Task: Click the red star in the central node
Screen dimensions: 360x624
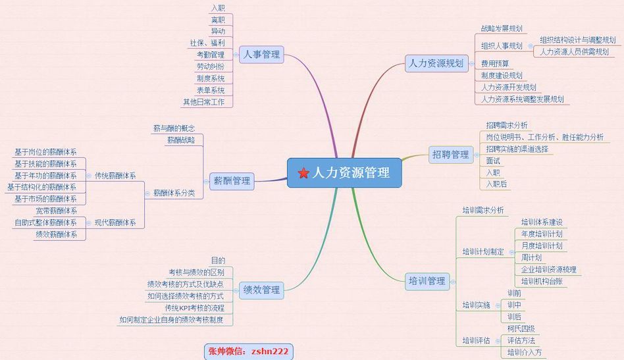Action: (x=303, y=173)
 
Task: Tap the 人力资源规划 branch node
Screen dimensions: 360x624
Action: (x=435, y=63)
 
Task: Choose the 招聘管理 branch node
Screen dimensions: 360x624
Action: (x=450, y=155)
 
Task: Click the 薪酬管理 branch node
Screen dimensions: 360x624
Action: (x=232, y=180)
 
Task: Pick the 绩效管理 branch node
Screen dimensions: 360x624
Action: (x=261, y=290)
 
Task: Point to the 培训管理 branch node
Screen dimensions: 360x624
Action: (x=427, y=281)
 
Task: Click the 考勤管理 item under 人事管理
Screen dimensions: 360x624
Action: (x=211, y=55)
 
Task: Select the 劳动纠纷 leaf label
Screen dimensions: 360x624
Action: (x=211, y=66)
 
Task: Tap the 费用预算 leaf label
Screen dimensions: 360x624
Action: (x=494, y=63)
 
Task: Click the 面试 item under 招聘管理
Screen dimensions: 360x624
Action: (x=493, y=161)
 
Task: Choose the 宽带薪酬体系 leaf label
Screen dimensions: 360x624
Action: (x=56, y=211)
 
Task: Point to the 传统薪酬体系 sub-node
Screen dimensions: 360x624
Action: (x=115, y=176)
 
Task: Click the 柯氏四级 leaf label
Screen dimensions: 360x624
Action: (x=521, y=328)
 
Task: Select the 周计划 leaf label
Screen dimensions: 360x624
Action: (x=531, y=257)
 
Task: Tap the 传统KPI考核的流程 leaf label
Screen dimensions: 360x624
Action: (x=194, y=308)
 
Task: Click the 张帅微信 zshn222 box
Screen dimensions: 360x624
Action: (x=248, y=351)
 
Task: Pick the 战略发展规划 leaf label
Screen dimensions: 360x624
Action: (x=502, y=28)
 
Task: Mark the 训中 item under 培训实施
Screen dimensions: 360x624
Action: (x=514, y=305)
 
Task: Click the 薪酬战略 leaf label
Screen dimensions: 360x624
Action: (x=181, y=140)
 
